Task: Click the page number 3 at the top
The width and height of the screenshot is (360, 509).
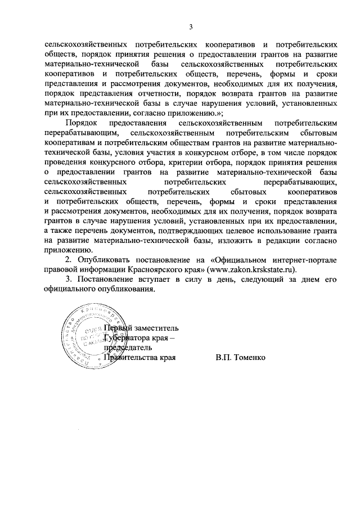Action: pos(191,26)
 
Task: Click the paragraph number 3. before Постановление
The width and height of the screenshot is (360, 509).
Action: pos(69,280)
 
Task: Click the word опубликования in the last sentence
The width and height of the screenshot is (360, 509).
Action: pos(125,289)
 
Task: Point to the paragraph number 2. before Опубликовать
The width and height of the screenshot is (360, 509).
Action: pos(69,260)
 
